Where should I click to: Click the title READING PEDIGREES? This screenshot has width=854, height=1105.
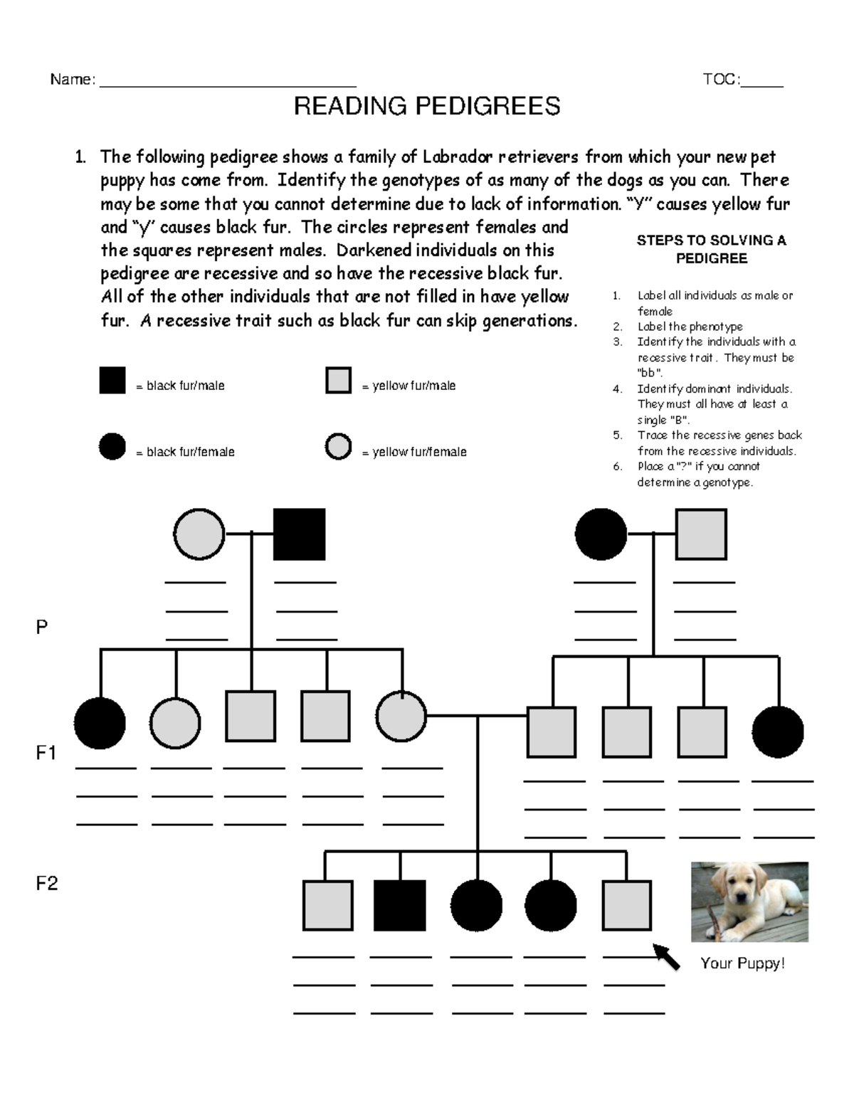click(427, 107)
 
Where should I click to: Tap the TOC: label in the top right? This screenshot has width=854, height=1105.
click(720, 80)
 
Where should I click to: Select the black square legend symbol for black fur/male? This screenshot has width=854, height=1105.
click(112, 380)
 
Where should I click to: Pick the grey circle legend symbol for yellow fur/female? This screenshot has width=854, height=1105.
click(338, 447)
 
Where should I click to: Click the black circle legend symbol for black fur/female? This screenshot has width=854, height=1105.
click(112, 447)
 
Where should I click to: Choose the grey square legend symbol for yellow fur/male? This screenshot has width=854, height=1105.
click(338, 380)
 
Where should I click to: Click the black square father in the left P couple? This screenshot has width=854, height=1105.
click(300, 534)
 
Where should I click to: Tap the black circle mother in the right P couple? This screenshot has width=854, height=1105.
click(601, 534)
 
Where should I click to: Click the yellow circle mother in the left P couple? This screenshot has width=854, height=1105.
click(199, 534)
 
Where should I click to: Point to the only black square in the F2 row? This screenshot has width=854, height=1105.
click(400, 906)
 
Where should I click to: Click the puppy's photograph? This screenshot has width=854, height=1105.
click(749, 902)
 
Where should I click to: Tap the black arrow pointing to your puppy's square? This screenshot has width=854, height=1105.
click(666, 956)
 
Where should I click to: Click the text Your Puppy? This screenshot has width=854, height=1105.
click(742, 963)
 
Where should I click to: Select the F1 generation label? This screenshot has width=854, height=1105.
click(46, 753)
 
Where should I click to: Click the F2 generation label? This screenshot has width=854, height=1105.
click(46, 884)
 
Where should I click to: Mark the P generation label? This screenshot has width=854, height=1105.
click(42, 628)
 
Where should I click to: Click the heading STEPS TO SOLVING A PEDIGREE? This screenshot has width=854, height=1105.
click(711, 249)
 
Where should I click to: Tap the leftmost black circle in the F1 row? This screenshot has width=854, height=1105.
click(100, 723)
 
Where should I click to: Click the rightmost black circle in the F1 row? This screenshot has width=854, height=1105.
click(778, 731)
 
